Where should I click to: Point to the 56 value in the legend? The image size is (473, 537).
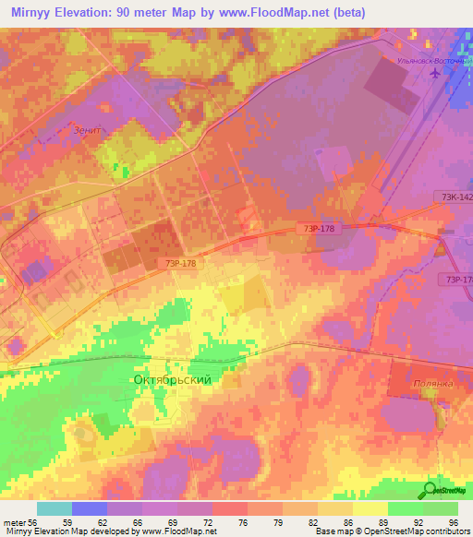(33, 522)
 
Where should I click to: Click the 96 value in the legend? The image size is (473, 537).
(453, 522)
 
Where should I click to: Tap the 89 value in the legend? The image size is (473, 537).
(370, 522)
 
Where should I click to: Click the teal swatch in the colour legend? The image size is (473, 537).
(55, 508)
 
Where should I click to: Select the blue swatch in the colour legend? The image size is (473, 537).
(90, 508)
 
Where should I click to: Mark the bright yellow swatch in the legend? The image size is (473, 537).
(370, 508)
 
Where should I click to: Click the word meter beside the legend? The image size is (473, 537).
(13, 522)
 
